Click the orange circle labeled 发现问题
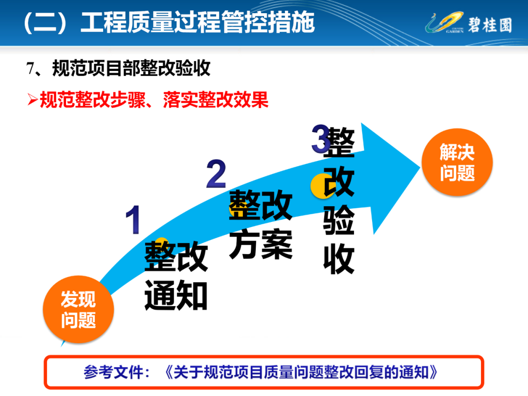coord(78,309)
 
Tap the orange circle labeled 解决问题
coord(457,162)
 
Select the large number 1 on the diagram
coord(133,220)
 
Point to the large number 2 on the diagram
coord(216,174)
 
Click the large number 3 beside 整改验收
coord(320,138)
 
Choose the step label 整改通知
coord(176,275)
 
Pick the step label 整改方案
coord(261,224)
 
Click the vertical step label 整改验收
coord(339,200)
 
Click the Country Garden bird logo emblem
coord(444,22)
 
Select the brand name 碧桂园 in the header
coord(490,25)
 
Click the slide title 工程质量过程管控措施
coord(198,22)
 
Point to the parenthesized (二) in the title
coord(45,22)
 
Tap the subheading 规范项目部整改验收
coord(132,68)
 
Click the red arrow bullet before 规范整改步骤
coord(32,99)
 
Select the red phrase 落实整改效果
coord(216,100)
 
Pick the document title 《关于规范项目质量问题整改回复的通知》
coord(301,373)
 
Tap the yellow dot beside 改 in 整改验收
coord(319,186)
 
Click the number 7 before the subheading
coord(30,68)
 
